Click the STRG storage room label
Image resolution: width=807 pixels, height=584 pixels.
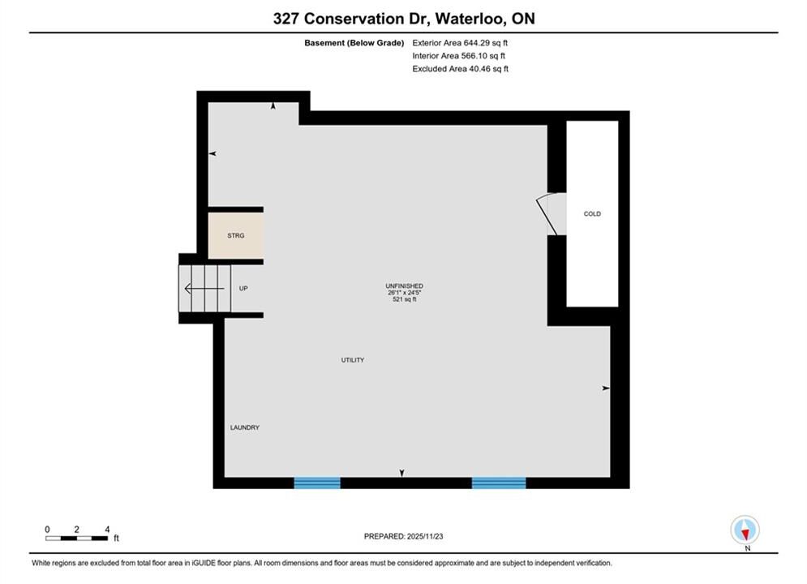tap(236, 236)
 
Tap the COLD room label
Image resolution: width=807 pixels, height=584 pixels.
tap(592, 213)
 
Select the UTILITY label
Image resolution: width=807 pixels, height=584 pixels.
tap(353, 360)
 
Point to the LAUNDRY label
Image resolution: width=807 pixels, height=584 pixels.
tap(244, 427)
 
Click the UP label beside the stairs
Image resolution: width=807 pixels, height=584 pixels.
tap(243, 289)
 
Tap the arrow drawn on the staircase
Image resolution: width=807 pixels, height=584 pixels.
tap(204, 289)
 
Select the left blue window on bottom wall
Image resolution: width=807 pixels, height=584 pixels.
tap(317, 483)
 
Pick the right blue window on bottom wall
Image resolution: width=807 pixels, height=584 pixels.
tap(499, 483)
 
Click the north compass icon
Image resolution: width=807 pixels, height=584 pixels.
tap(745, 530)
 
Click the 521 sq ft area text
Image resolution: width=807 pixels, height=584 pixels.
tap(405, 299)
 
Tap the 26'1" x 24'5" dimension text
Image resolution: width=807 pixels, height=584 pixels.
tap(405, 292)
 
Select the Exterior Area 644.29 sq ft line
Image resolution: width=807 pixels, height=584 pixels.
tap(460, 43)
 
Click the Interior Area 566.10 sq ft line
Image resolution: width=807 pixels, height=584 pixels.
tap(458, 56)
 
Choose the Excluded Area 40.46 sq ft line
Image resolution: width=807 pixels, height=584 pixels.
tap(460, 68)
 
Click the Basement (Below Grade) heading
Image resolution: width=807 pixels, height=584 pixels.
tap(354, 43)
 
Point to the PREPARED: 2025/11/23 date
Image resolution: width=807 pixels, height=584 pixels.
tap(404, 536)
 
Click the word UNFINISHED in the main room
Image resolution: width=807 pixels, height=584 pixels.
tap(405, 286)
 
